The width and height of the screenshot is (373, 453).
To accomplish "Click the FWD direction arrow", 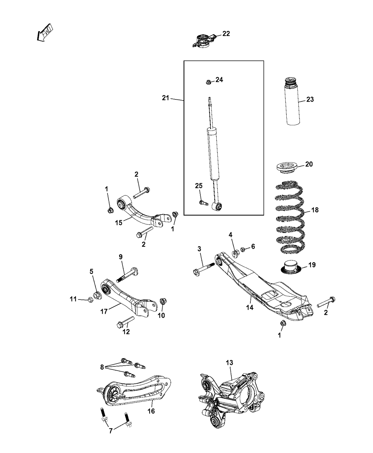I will [45, 33].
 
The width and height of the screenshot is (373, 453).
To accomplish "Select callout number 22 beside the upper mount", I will [226, 34].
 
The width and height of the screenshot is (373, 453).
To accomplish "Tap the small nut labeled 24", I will [209, 82].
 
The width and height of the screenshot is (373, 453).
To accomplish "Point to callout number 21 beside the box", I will [166, 98].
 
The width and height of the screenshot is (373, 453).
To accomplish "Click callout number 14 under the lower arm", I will [250, 308].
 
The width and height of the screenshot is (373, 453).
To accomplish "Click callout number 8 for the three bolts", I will [102, 367].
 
